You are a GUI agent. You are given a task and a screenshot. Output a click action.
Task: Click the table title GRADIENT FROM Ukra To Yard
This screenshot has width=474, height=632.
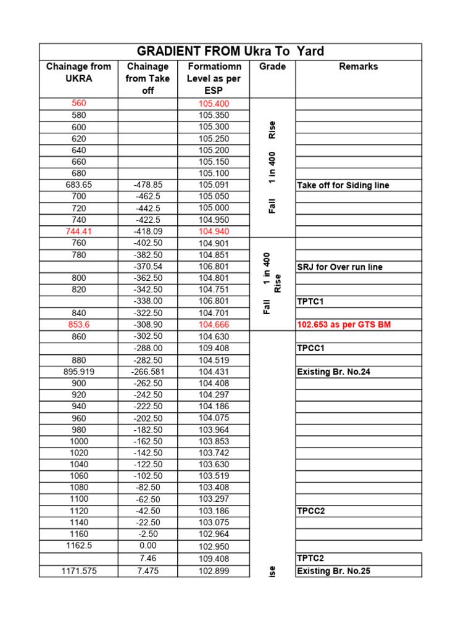click(230, 51)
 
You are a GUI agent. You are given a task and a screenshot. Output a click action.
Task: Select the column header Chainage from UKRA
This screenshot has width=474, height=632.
click(79, 72)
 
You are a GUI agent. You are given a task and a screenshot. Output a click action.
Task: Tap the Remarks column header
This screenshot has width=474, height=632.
click(358, 67)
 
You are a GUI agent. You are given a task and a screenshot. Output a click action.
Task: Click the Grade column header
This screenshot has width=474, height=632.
click(272, 67)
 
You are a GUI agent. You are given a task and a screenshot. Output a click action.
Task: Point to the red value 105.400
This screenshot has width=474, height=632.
click(214, 104)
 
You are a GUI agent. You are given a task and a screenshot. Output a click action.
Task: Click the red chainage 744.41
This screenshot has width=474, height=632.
click(79, 231)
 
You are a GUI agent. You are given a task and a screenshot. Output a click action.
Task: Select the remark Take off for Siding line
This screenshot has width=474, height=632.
click(343, 185)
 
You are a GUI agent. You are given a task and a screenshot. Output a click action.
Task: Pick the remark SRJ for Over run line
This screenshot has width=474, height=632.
click(339, 267)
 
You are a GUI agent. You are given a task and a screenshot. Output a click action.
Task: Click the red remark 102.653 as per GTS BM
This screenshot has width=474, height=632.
click(344, 325)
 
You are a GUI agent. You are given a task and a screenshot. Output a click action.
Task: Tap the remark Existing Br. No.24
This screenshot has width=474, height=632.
click(334, 372)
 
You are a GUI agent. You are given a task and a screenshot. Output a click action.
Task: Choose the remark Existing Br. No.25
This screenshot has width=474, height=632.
click(334, 571)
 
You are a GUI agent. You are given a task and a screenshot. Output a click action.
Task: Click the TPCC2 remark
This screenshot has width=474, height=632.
click(311, 511)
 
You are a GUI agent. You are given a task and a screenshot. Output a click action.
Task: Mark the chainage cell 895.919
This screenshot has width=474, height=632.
click(79, 372)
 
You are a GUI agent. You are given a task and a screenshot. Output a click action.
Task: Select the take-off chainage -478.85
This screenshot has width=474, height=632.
click(148, 185)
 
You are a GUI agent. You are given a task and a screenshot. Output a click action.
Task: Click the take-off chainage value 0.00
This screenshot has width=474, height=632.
click(148, 546)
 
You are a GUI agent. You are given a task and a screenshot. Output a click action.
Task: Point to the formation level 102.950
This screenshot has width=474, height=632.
click(214, 547)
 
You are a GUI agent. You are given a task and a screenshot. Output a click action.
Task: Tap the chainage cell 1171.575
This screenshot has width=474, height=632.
click(79, 571)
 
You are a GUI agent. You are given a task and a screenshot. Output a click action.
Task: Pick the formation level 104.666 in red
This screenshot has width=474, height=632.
click(214, 325)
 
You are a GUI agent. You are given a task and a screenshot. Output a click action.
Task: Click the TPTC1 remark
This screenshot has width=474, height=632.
click(310, 302)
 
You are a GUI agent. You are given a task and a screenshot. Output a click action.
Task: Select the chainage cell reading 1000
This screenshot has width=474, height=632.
click(79, 441)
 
